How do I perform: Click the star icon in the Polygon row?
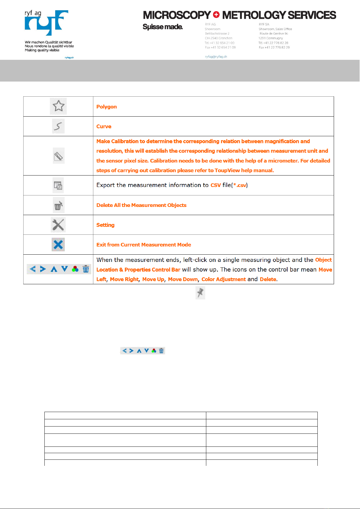58,106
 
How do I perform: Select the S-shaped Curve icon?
58,126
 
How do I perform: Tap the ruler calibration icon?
58,156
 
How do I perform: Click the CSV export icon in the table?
58,185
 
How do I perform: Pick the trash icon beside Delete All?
58,205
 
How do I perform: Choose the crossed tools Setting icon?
58,225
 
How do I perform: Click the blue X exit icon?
58,244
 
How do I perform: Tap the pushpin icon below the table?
200,293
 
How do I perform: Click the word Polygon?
106,107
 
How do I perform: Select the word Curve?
104,126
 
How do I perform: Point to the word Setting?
105,225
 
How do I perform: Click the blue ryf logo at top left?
46,23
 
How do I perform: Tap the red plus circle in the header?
216,14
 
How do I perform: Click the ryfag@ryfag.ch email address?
216,56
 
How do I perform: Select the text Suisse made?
162,27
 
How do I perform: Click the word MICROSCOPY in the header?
177,15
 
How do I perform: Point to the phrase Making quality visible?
42,50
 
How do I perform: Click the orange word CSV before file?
215,185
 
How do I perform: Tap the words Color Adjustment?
223,279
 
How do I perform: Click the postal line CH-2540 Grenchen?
218,38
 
